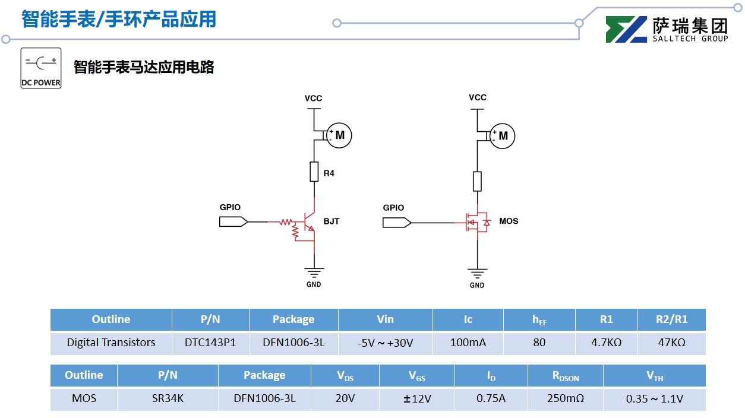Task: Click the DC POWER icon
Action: point(41,68)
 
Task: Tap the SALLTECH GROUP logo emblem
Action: point(626,29)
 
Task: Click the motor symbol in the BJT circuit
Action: point(339,135)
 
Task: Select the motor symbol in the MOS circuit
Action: point(503,136)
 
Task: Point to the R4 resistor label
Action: point(329,173)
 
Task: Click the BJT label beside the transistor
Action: point(332,221)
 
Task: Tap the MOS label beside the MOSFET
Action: point(509,221)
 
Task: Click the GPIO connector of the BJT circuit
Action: point(233,221)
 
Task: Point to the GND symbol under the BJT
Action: point(314,273)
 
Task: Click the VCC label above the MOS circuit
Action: point(478,97)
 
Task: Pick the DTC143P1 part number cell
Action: point(210,343)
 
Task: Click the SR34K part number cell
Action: point(168,398)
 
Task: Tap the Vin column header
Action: point(385,319)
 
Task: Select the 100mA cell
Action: point(468,343)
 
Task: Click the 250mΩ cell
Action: point(565,398)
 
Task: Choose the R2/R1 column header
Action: point(671,319)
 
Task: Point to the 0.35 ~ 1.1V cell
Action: point(654,398)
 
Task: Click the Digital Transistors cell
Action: point(111,343)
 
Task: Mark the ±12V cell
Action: point(416,398)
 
